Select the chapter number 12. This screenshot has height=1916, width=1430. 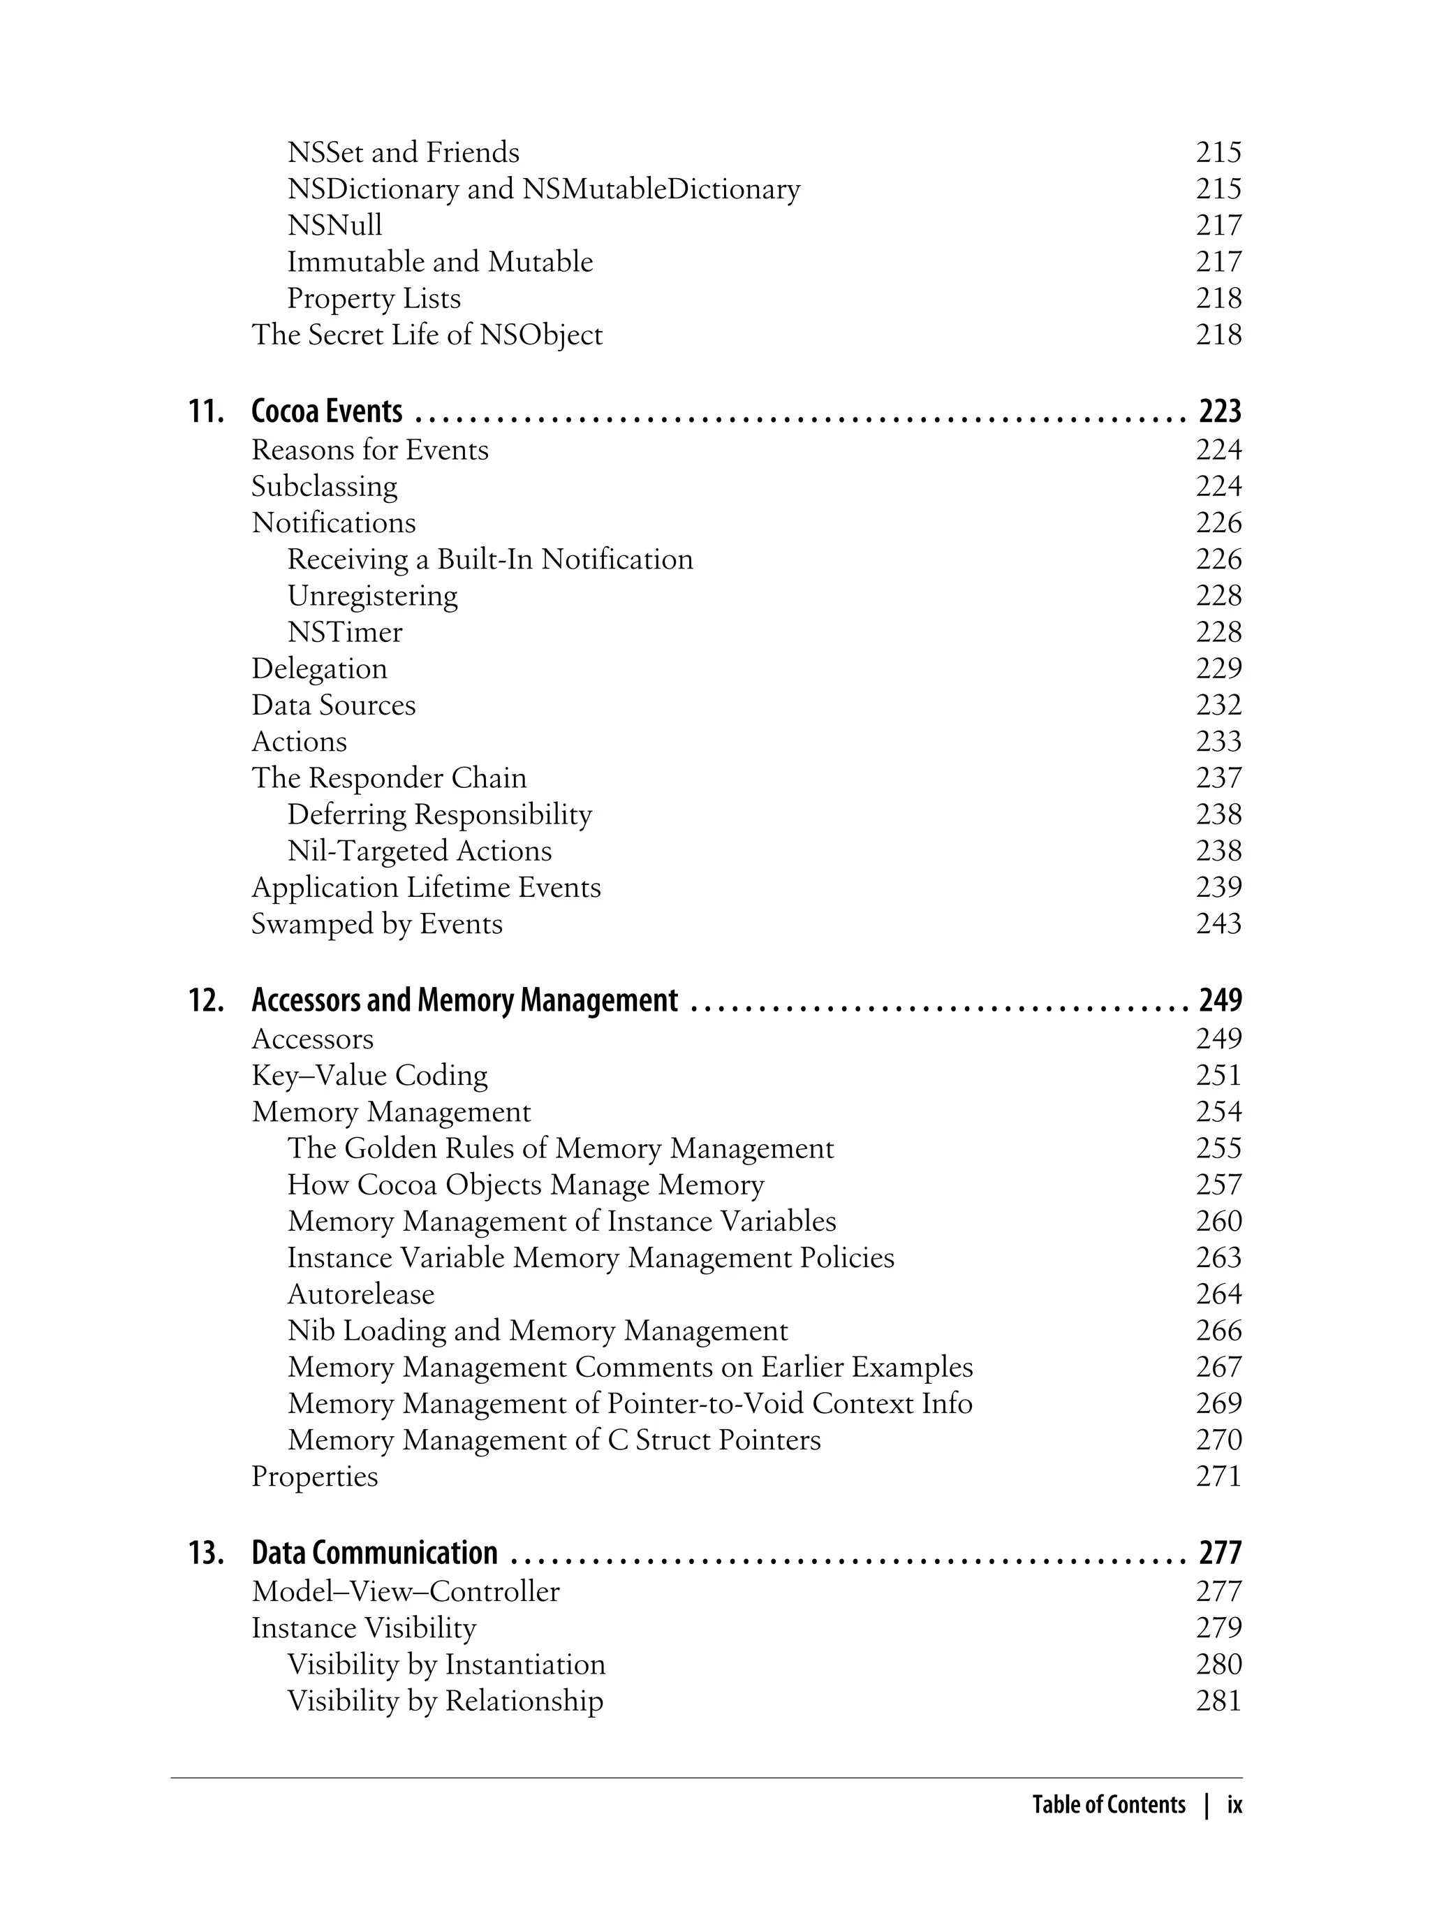point(206,1001)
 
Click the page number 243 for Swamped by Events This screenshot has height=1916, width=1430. point(1218,924)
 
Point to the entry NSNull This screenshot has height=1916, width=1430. point(334,225)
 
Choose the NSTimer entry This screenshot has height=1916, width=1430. point(344,632)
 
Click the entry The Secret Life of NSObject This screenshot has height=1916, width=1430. point(427,335)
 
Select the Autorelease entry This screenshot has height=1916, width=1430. point(361,1294)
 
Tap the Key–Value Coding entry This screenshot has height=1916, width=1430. point(369,1075)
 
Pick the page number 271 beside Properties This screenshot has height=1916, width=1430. point(1218,1476)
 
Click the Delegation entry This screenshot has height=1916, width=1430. point(319,668)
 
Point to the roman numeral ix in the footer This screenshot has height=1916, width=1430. point(1234,1804)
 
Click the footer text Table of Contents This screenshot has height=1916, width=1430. point(1109,1804)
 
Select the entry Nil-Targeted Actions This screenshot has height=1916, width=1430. point(419,851)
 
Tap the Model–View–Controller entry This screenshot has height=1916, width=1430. point(405,1591)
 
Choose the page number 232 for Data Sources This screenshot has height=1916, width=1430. point(1218,705)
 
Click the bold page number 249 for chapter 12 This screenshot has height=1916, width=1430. point(1220,1001)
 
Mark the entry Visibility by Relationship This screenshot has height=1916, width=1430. point(445,1700)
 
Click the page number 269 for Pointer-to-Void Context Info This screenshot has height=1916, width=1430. point(1218,1403)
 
